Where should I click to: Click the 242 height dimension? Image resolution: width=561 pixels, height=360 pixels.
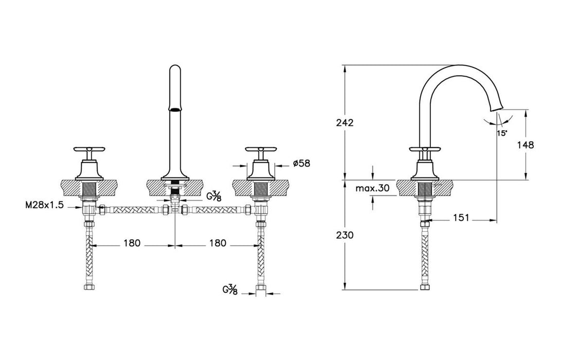click(345, 123)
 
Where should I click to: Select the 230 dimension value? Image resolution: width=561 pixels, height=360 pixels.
click(345, 235)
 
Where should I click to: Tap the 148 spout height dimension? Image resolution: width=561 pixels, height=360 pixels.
click(526, 145)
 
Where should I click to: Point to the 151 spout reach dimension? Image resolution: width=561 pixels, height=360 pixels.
click(461, 218)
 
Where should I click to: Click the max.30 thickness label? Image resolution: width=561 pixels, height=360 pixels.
click(372, 188)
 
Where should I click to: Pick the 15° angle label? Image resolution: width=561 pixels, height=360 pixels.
click(502, 133)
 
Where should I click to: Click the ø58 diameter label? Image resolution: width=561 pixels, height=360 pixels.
click(302, 164)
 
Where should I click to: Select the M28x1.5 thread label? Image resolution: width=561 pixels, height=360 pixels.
click(44, 205)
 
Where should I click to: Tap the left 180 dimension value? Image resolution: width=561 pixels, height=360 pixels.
click(132, 243)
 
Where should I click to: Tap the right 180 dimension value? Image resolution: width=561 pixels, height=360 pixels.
click(218, 243)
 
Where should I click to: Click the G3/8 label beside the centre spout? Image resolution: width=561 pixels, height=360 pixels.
click(213, 196)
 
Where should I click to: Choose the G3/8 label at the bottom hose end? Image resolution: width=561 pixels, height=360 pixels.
click(230, 290)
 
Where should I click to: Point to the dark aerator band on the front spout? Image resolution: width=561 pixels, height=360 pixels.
click(175, 110)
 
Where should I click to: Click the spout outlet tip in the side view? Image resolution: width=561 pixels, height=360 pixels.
click(497, 109)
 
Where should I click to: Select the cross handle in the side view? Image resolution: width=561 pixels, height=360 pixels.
click(425, 149)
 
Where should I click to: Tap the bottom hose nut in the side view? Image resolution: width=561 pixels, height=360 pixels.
click(425, 287)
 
